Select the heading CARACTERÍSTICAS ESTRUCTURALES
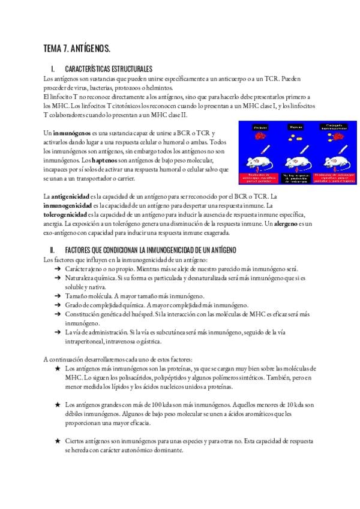tap(109, 70)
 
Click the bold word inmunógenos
tap(71, 132)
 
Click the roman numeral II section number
tap(53, 248)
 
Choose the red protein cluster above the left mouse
tap(260, 137)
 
